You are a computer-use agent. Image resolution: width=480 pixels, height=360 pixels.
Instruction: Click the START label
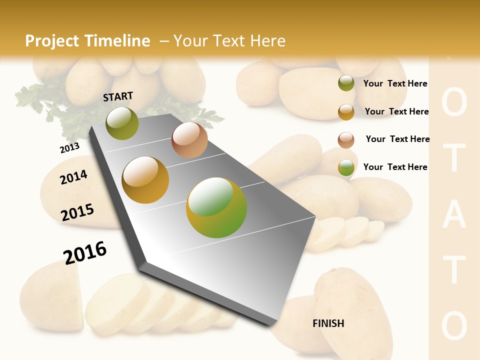click(118, 96)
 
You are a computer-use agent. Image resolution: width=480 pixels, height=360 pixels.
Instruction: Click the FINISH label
click(328, 323)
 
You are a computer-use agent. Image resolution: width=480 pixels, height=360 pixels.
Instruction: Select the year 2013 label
click(69, 147)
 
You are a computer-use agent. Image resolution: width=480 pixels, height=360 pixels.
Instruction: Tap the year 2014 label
click(73, 177)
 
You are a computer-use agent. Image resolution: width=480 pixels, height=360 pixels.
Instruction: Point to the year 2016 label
click(85, 253)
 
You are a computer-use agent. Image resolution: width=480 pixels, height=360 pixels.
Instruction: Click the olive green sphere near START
click(122, 123)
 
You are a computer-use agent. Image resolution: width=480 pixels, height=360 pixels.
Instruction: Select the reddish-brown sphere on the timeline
click(189, 140)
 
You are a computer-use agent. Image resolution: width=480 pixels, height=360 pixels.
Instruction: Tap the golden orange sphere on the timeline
click(145, 179)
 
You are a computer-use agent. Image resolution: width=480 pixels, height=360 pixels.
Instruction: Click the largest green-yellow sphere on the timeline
click(216, 207)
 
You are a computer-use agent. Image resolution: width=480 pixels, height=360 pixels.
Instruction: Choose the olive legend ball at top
click(346, 83)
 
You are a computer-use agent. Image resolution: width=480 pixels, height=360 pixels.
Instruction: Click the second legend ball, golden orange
click(346, 111)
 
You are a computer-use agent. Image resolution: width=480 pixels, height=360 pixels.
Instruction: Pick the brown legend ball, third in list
click(346, 139)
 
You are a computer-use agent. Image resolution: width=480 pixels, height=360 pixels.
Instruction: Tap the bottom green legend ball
click(346, 167)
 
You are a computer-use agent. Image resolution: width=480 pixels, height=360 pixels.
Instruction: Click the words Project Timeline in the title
click(87, 41)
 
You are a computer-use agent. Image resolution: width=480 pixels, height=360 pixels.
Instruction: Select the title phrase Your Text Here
click(229, 41)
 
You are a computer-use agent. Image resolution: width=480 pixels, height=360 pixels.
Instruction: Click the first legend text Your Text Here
click(395, 83)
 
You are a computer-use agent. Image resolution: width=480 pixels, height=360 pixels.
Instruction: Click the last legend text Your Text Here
click(395, 167)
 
